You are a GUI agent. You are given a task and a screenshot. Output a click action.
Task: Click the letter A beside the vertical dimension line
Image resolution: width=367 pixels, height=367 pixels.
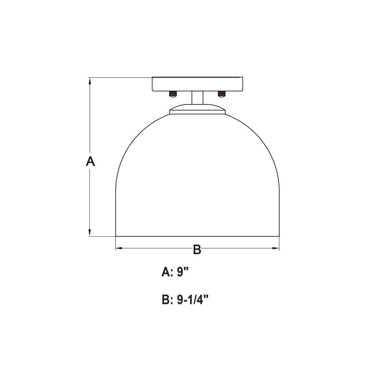pos(90,161)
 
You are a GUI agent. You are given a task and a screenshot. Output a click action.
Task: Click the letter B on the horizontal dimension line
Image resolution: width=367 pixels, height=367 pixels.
pos(197,249)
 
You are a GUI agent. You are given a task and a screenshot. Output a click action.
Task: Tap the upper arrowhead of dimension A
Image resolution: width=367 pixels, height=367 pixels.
pos(90,81)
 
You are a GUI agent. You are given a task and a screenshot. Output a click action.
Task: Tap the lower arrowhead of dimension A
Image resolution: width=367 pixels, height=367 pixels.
pos(90,233)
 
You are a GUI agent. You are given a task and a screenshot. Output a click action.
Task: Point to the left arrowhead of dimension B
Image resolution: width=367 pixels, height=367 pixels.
pos(119,248)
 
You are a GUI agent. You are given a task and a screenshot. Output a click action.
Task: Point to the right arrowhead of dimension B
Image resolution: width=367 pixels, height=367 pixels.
pos(276,248)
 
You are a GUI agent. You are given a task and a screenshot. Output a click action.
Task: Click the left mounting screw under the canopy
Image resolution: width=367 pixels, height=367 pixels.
pos(173,94)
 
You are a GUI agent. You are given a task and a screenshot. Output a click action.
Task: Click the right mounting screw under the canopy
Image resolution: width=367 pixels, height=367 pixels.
pos(221,94)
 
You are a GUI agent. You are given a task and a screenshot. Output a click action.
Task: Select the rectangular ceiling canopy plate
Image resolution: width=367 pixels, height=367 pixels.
pos(197,84)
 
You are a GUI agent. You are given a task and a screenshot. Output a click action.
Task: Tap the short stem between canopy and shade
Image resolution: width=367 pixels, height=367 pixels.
pos(197,98)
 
